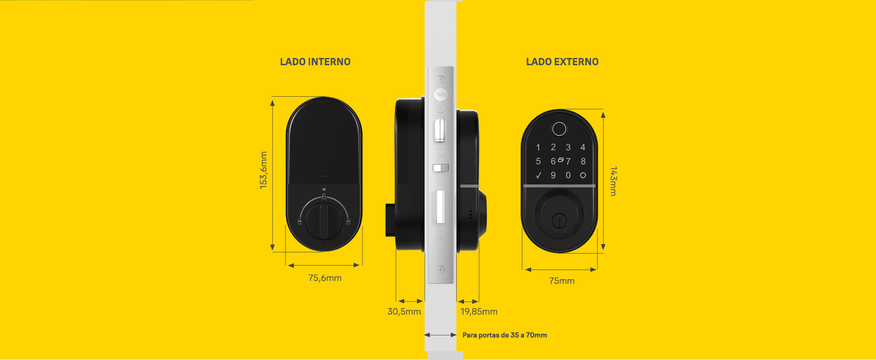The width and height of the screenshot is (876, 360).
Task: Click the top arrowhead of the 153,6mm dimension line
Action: point(272,103)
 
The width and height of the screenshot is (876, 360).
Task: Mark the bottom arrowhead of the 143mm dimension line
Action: point(603,247)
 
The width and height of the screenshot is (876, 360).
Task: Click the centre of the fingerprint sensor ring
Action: point(559,129)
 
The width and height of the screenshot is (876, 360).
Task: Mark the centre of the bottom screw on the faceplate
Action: point(441,269)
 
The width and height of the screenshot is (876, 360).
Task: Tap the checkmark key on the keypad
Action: point(538,175)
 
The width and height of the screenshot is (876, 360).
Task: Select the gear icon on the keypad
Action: point(583,175)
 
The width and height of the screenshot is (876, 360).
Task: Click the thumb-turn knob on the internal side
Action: point(323,221)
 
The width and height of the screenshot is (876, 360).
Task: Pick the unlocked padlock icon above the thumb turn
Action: point(324,197)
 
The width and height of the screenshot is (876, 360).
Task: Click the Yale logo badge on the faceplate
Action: point(440,94)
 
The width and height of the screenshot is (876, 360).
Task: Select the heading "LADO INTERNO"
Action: point(315,62)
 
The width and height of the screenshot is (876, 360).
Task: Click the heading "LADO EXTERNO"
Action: point(562,62)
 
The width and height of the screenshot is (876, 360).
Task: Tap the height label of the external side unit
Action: point(613,181)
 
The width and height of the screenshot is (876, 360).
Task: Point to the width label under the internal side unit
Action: point(325,278)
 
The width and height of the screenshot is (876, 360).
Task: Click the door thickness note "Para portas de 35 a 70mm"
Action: point(505,335)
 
